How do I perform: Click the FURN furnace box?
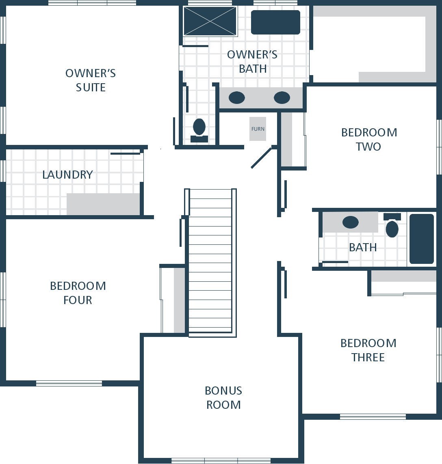pos(258,129)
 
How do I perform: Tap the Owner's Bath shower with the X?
pos(210,21)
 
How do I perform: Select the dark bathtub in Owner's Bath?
pos(275,22)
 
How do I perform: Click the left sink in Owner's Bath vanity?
pos(237,98)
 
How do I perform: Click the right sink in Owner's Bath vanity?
pos(282,98)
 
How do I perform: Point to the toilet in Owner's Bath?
pos(199,130)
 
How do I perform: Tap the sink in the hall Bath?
pos(351,222)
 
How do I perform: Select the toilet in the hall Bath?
pos(392,225)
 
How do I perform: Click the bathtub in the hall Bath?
pos(422,239)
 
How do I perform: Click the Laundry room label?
pos(67,175)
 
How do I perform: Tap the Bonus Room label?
pos(223,398)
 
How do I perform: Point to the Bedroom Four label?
pos(78,293)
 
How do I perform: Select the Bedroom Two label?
pos(369,139)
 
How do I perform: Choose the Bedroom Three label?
pos(368,350)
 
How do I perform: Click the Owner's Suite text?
pos(91,80)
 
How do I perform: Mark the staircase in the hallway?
pos(210,263)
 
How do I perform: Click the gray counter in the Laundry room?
pos(103,204)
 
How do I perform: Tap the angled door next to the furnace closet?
pos(261,158)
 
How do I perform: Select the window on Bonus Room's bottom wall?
pos(221,461)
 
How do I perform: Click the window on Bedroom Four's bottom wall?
pos(69,384)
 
